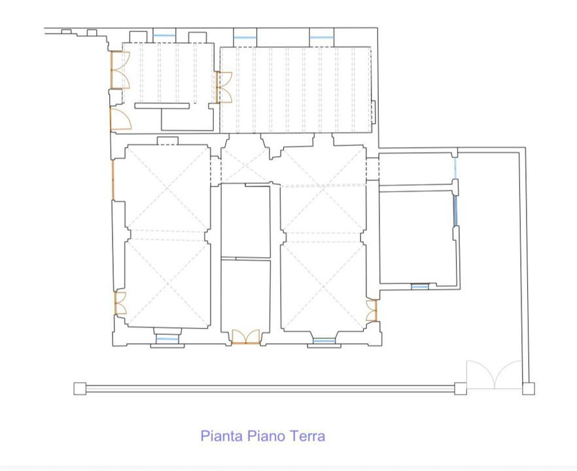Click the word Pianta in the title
(x=222, y=436)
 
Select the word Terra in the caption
(x=307, y=436)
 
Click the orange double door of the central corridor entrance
(x=245, y=337)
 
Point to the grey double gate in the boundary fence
(x=494, y=375)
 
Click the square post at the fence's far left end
(x=80, y=389)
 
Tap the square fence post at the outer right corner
(x=529, y=389)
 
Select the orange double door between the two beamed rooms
(x=224, y=87)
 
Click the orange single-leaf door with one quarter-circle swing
(x=120, y=118)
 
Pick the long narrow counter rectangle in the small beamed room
(x=162, y=106)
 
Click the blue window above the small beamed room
(x=164, y=35)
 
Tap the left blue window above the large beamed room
(x=245, y=37)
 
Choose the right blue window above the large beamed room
(x=321, y=37)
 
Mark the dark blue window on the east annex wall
(x=455, y=211)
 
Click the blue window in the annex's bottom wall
(x=420, y=287)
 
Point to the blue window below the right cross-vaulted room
(x=324, y=341)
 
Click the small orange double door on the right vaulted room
(x=372, y=311)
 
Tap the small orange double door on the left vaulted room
(x=120, y=303)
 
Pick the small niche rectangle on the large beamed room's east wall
(x=373, y=111)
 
